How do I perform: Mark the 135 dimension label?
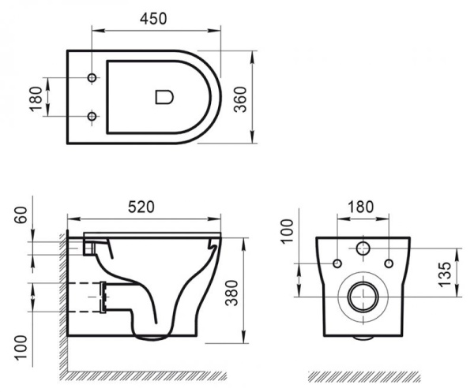tap(447, 272)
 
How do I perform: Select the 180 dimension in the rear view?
tap(360, 207)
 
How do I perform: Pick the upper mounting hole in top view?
tap(92, 79)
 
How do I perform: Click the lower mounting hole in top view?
tap(92, 117)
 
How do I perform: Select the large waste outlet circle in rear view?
tap(363, 297)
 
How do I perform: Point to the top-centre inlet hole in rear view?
tap(363, 248)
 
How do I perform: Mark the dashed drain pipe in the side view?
tap(82, 297)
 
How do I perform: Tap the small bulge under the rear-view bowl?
tap(363, 338)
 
